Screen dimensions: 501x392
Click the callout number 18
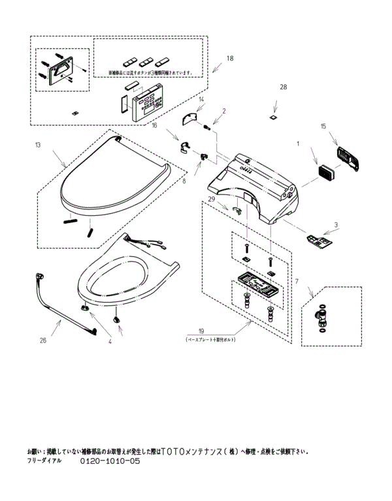point(229,58)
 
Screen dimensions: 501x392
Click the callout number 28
point(283,87)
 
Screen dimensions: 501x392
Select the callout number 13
point(38,144)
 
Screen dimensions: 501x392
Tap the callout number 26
point(43,339)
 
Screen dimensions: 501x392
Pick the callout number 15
point(323,125)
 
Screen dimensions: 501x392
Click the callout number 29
point(211,198)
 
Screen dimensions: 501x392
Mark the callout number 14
point(201,99)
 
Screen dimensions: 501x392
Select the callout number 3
point(336,225)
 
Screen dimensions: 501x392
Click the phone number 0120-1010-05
point(110,461)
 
